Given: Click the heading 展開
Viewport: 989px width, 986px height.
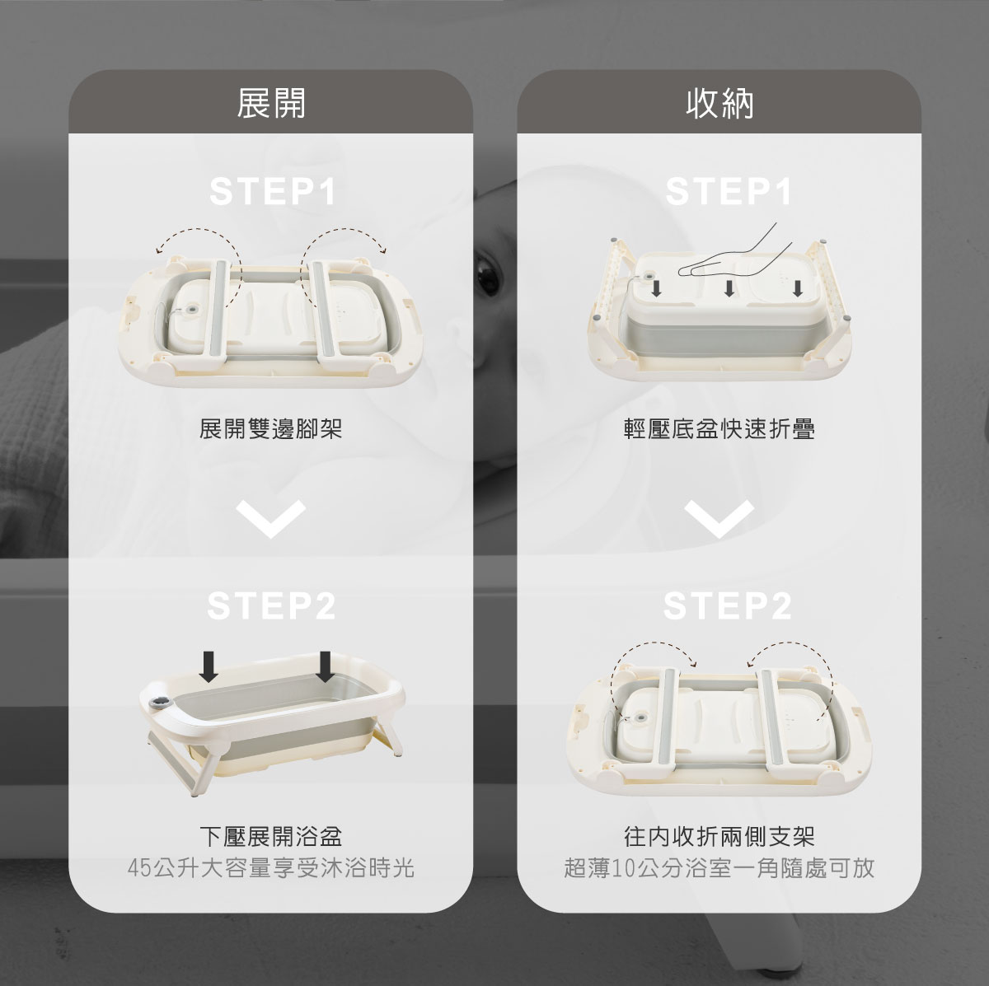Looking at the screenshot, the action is (x=271, y=103).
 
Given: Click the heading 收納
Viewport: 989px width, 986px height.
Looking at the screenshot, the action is (x=719, y=103).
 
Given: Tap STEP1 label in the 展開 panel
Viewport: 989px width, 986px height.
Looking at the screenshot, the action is (x=273, y=191).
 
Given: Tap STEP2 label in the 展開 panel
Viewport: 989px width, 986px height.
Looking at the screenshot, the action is (x=271, y=605).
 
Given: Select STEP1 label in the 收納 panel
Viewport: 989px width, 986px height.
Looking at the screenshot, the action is (x=729, y=191).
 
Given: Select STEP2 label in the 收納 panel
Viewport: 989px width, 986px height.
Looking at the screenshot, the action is (x=727, y=605).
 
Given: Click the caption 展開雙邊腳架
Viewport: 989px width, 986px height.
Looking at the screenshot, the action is (x=270, y=429).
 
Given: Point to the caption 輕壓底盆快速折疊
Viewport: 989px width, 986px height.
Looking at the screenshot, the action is (x=719, y=429).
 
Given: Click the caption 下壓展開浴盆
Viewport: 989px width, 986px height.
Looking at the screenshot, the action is (x=270, y=837).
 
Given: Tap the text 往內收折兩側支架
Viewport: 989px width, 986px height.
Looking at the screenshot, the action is (x=719, y=837).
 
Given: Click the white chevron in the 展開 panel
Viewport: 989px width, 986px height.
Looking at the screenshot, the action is (x=271, y=519).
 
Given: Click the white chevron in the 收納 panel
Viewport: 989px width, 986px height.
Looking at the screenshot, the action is (x=719, y=519).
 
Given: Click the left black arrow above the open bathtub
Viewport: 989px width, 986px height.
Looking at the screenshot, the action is (x=208, y=666).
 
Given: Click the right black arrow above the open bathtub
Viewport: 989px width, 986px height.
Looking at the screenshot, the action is (x=325, y=666).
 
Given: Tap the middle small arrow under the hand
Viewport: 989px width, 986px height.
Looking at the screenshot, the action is (x=729, y=288).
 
